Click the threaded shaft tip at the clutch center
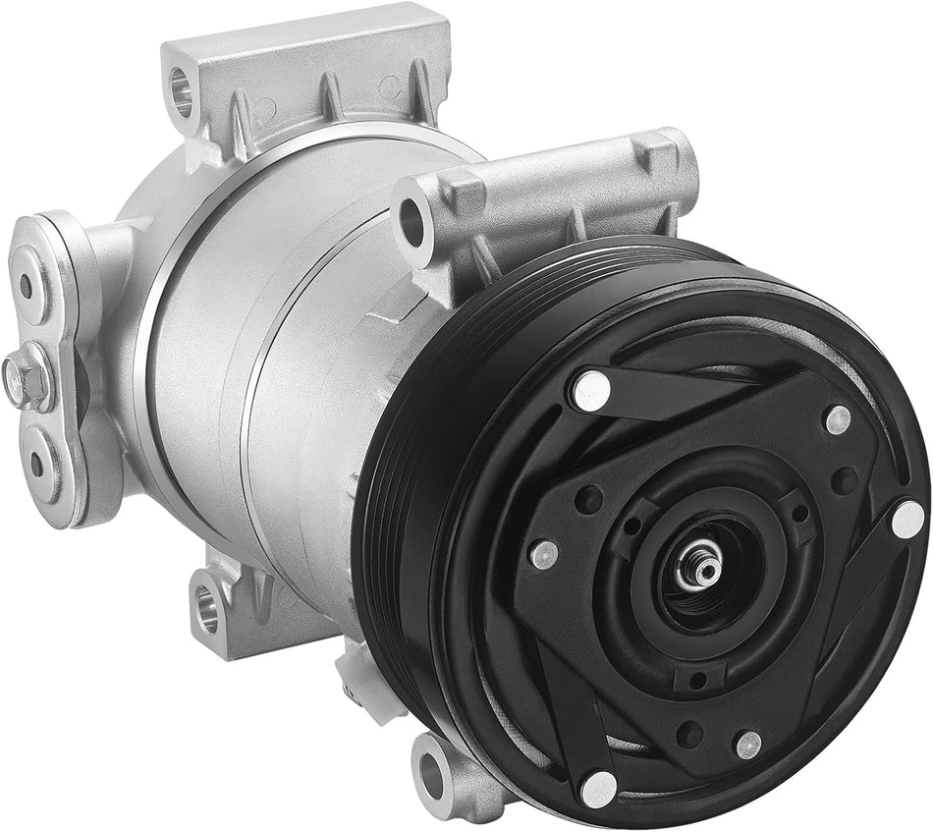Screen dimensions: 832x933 [704, 563]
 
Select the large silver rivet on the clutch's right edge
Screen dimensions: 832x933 [906, 519]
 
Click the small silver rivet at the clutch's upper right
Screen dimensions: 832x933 [837, 419]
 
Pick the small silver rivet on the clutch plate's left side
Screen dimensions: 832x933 [543, 555]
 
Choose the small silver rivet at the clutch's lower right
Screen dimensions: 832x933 [748, 744]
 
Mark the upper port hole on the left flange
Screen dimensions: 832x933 [27, 286]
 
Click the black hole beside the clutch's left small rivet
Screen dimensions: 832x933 [588, 500]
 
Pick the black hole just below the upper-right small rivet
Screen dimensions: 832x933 [843, 480]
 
